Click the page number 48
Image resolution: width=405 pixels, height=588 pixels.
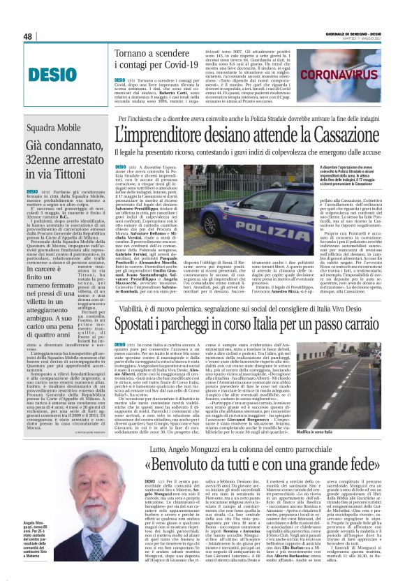point(28,36)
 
